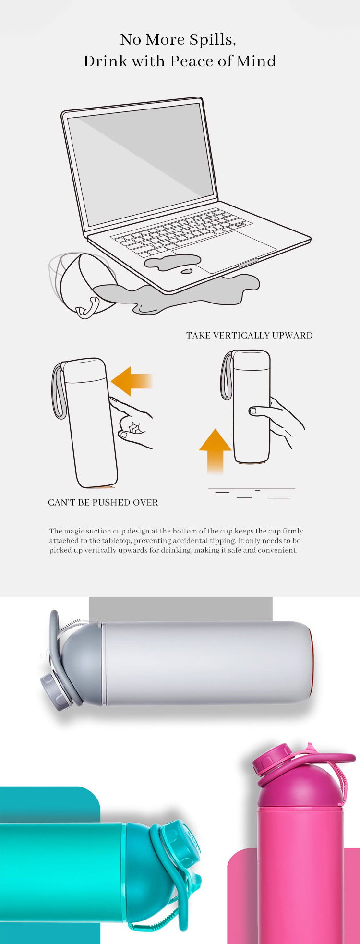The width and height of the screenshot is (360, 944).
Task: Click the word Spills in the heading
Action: (x=212, y=39)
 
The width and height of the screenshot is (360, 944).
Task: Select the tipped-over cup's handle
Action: (x=89, y=307)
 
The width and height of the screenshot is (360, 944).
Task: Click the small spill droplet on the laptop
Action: (x=186, y=271)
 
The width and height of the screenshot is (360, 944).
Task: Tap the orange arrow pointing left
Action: (x=132, y=381)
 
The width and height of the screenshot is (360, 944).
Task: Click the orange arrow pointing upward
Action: (x=216, y=451)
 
